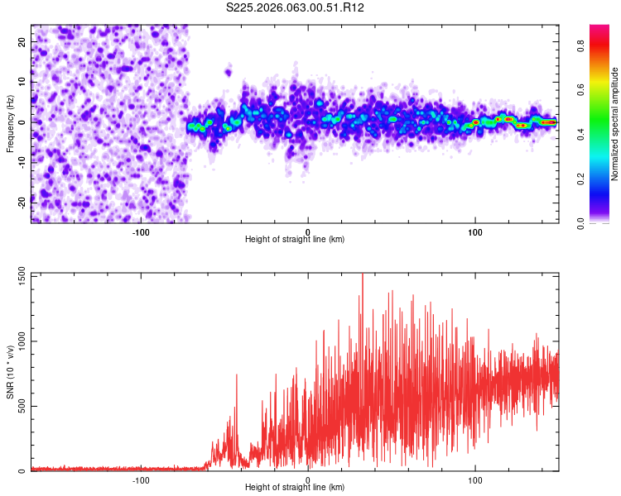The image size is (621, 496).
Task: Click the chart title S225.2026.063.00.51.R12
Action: pyautogui.click(x=296, y=7)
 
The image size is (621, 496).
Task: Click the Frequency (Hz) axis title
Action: pyautogui.click(x=10, y=122)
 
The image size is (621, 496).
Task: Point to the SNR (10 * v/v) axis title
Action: pyautogui.click(x=10, y=371)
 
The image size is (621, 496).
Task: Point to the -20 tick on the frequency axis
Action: pyautogui.click(x=21, y=201)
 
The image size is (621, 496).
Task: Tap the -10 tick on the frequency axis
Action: pyautogui.click(x=21, y=161)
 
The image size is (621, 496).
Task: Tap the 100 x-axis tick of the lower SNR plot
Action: pyautogui.click(x=475, y=479)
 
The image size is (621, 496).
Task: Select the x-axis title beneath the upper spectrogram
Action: pyautogui.click(x=295, y=240)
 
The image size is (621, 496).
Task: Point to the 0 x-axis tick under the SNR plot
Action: pyautogui.click(x=308, y=479)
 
